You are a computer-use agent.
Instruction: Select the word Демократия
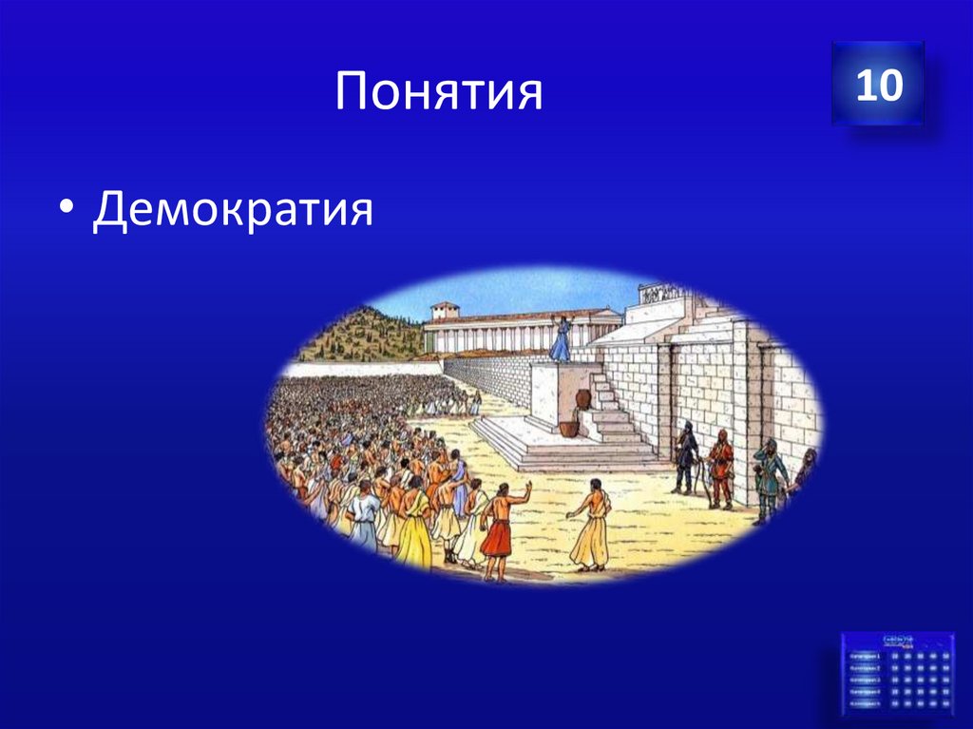(233, 209)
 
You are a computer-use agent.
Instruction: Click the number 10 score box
(878, 85)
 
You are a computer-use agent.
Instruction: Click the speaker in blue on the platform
(562, 339)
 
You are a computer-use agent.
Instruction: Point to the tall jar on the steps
(582, 398)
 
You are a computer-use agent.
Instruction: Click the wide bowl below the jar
(568, 429)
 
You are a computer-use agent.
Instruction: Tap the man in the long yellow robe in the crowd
(414, 528)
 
